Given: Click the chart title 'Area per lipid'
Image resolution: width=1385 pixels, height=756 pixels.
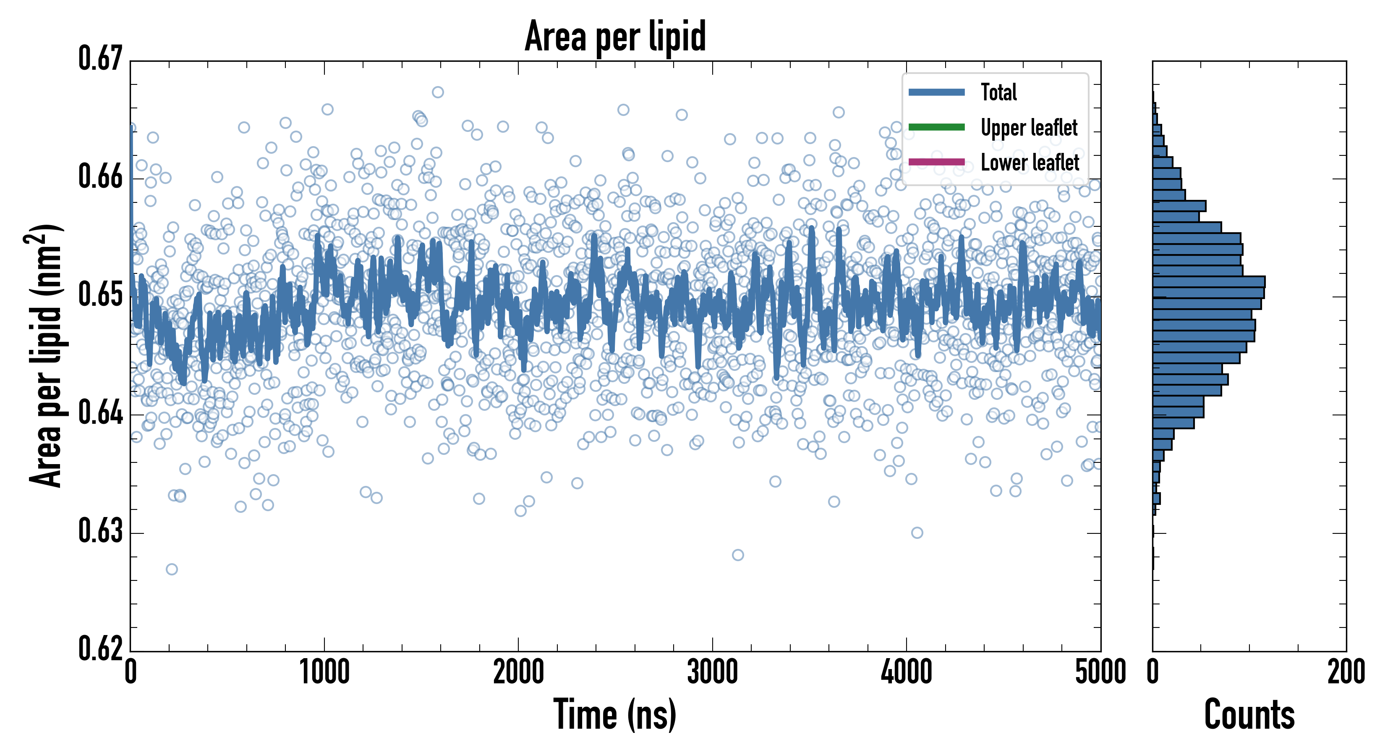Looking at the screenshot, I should coord(615,36).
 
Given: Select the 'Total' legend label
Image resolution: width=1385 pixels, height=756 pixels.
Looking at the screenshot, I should coord(998,92).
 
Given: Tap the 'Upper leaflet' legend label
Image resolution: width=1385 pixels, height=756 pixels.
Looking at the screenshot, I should coord(1029,128).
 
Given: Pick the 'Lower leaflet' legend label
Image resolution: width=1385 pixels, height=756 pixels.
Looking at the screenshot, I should coord(1030,163).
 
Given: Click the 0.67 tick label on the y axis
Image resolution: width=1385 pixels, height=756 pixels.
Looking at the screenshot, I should coord(101,59).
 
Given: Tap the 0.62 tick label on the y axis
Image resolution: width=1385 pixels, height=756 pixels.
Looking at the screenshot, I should coord(101,649).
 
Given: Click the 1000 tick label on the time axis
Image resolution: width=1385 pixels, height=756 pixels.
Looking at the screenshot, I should coord(324,672).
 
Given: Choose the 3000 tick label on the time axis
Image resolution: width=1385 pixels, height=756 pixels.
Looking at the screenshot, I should coord(712,672).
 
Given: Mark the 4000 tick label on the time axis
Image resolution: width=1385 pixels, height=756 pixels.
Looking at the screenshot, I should coord(907,672).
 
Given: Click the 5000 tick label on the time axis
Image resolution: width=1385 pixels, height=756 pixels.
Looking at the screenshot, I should coord(1100,672).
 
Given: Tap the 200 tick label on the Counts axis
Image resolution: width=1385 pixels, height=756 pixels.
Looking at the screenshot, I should coord(1346,672).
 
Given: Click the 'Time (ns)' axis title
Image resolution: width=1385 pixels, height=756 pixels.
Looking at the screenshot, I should coord(615,714).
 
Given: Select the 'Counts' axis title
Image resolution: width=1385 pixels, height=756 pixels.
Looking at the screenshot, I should coord(1249,714).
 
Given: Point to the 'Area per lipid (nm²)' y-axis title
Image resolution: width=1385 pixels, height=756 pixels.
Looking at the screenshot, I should coord(46,356).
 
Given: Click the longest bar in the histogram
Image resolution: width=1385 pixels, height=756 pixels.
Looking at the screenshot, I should coord(1209,282).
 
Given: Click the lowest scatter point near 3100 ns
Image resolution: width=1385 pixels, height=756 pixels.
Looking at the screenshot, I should coord(738,555).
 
